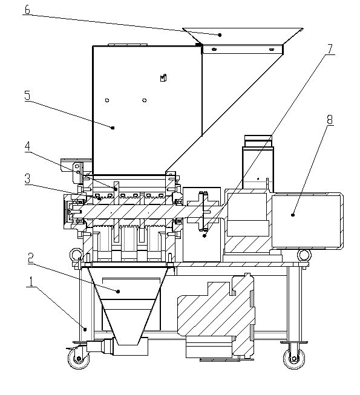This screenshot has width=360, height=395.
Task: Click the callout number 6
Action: [x=27, y=10]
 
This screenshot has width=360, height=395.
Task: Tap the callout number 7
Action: [x=330, y=49]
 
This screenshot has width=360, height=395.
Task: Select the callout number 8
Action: [x=330, y=119]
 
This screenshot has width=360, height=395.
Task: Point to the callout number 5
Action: [x=27, y=95]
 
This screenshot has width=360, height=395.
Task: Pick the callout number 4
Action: [x=27, y=146]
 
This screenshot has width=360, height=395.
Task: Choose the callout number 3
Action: [x=27, y=178]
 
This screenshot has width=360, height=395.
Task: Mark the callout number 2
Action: [x=30, y=258]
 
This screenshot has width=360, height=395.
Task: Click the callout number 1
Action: [x=31, y=281]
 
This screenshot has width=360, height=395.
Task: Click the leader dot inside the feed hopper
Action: [x=220, y=34]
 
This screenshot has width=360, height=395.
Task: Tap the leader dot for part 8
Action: [x=292, y=215]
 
